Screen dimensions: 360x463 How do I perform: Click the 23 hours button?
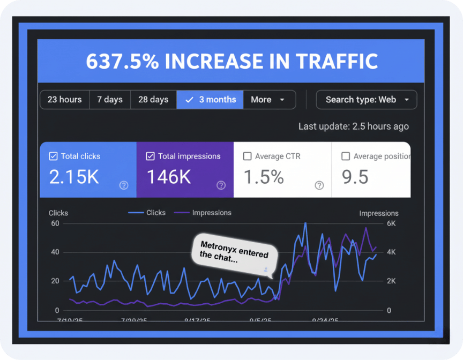(64, 100)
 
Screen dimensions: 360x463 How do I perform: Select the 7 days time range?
(110, 100)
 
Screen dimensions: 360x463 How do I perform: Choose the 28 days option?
(153, 100)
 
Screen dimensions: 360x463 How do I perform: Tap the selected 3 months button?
(210, 100)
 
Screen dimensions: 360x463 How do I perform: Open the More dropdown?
(268, 100)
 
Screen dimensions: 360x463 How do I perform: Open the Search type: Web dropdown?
(367, 100)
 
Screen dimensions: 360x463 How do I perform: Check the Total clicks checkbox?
(53, 156)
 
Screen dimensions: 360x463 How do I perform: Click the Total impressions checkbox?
(150, 156)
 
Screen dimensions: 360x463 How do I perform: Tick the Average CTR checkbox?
(247, 156)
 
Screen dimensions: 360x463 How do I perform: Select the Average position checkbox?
(346, 156)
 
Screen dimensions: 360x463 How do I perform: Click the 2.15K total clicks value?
(74, 177)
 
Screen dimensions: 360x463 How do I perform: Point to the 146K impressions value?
(169, 177)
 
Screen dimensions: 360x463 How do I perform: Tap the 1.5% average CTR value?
(264, 177)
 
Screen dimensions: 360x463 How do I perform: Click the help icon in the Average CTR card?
(319, 185)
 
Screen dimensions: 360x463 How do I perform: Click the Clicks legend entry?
(147, 213)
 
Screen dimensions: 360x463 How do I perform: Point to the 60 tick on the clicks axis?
(55, 223)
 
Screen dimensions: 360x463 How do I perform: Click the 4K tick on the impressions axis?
(392, 252)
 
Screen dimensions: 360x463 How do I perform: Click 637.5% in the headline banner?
(122, 61)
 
